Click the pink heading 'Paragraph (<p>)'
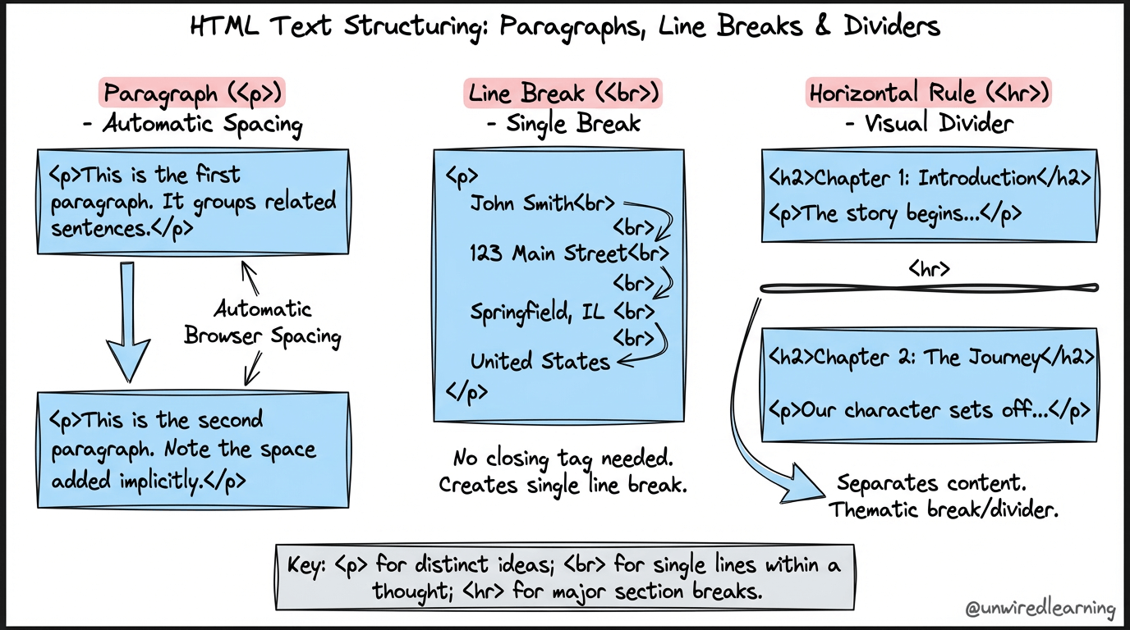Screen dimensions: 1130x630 192,93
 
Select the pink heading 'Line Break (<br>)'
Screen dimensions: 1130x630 563,94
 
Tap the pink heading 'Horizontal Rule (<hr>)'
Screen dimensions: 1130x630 929,93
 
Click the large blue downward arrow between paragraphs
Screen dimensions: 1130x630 128,322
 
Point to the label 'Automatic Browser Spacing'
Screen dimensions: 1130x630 262,322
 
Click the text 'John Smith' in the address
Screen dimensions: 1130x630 521,203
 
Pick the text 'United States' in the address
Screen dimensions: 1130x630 540,362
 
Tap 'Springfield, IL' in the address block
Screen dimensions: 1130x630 537,313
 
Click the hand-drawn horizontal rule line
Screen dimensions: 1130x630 930,288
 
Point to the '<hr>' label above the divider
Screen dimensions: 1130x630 930,268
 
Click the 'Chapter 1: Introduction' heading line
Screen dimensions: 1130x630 930,178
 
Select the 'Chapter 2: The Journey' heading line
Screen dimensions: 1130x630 930,358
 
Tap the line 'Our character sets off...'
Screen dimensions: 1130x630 930,410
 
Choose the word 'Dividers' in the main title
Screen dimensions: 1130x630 892,25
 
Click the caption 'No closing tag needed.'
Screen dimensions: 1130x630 563,459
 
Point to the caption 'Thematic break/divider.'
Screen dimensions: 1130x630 944,509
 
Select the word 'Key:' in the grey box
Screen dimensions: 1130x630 306,565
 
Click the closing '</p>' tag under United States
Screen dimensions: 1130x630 466,392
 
